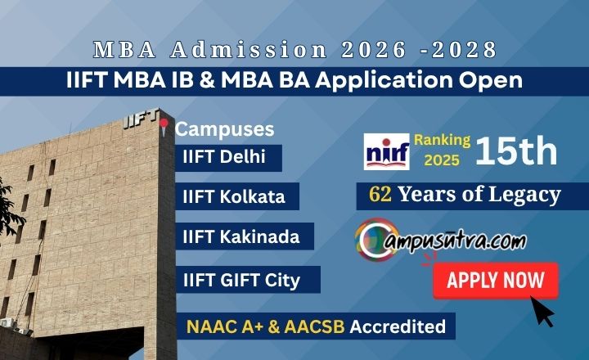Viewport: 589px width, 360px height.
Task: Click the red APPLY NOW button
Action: (x=496, y=281)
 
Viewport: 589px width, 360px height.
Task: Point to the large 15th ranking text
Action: (x=516, y=151)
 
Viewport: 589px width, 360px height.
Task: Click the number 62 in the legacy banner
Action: (x=381, y=195)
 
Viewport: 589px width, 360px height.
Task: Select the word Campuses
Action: (x=225, y=129)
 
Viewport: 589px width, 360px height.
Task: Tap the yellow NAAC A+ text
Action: (x=224, y=326)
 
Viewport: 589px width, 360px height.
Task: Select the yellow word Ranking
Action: (x=442, y=140)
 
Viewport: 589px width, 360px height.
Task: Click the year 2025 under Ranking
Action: (x=442, y=160)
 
